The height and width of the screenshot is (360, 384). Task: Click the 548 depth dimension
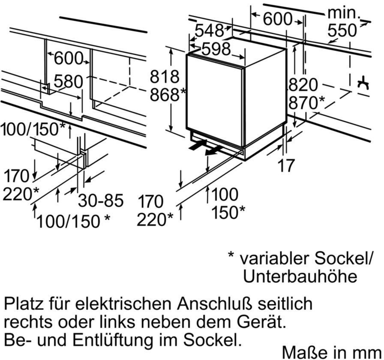[210, 31]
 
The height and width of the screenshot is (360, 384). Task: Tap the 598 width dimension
[216, 49]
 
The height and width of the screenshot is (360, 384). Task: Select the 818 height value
[164, 77]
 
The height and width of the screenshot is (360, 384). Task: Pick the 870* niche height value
[306, 103]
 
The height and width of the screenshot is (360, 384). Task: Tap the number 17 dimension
[287, 165]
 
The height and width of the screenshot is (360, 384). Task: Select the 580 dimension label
[69, 81]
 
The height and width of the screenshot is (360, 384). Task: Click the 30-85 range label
[101, 201]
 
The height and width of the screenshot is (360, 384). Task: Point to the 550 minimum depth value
[342, 30]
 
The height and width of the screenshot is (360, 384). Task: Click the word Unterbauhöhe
[300, 276]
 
